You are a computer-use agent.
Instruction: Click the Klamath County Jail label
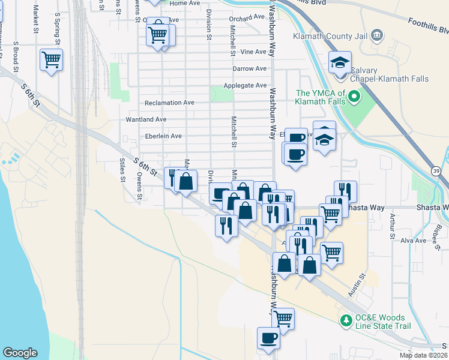(330, 36)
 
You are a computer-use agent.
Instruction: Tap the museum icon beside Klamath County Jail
(377, 35)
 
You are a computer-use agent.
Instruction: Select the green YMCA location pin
(354, 96)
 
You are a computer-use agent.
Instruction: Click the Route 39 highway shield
(436, 172)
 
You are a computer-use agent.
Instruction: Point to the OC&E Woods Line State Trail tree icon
(345, 322)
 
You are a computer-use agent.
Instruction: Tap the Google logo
(20, 353)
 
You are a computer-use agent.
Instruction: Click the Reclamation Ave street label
(169, 103)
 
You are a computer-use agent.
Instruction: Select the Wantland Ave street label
(146, 119)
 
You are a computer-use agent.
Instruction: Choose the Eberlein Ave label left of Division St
(159, 136)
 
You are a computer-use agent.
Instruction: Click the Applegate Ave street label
(245, 86)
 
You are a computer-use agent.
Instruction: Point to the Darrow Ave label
(249, 68)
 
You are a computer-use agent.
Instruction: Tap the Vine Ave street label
(253, 52)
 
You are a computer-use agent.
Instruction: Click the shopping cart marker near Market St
(52, 59)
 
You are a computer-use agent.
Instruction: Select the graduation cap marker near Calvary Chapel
(340, 62)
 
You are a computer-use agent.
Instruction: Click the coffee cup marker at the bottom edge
(268, 338)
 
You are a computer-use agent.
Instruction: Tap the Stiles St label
(122, 169)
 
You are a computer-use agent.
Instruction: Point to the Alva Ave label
(413, 241)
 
